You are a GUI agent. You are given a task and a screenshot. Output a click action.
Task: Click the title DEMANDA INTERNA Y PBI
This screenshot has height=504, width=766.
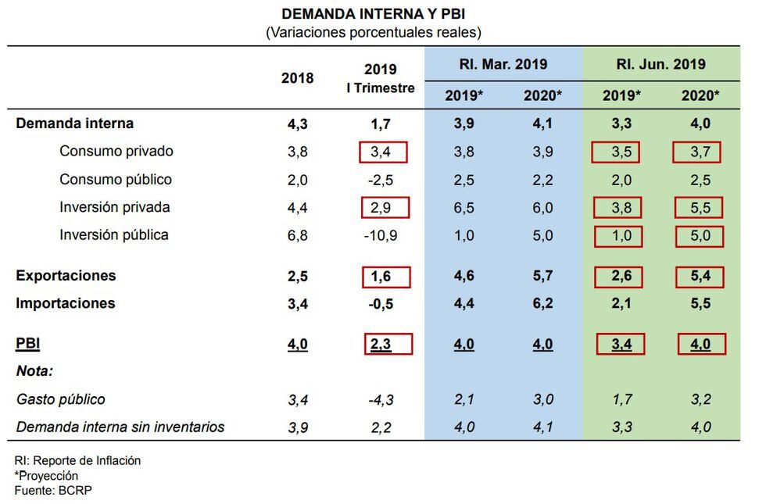[x=374, y=15]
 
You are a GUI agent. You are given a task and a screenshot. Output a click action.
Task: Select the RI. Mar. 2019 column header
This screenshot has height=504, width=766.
[x=503, y=64]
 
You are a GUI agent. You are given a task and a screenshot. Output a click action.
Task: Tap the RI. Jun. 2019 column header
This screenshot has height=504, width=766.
[x=660, y=64]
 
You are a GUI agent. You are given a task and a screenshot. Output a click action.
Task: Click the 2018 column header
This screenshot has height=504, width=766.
[x=297, y=78]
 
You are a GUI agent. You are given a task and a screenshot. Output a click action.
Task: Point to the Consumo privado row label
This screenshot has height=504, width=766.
[x=116, y=152]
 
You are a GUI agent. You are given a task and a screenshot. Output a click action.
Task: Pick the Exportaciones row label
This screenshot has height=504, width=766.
[x=66, y=276]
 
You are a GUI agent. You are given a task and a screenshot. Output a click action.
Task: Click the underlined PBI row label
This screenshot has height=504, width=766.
[x=27, y=344]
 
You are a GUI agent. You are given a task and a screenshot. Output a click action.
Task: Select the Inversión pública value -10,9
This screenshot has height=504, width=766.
[x=381, y=235]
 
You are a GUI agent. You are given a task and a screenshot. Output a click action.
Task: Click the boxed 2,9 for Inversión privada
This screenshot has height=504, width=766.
[x=384, y=208]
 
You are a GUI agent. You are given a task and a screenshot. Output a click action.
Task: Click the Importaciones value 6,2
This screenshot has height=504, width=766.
[x=542, y=303]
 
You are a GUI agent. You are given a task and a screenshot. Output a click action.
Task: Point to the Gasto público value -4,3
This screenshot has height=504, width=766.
[x=381, y=400]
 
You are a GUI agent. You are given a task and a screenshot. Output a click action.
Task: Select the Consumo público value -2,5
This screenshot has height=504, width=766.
[x=381, y=180]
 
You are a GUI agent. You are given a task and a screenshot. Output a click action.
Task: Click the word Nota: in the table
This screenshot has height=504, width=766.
[x=34, y=371]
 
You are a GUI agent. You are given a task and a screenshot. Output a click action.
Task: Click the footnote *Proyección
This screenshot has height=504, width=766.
[x=46, y=475]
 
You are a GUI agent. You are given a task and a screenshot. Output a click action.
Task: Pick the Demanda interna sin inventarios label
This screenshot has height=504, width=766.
[x=120, y=427]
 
